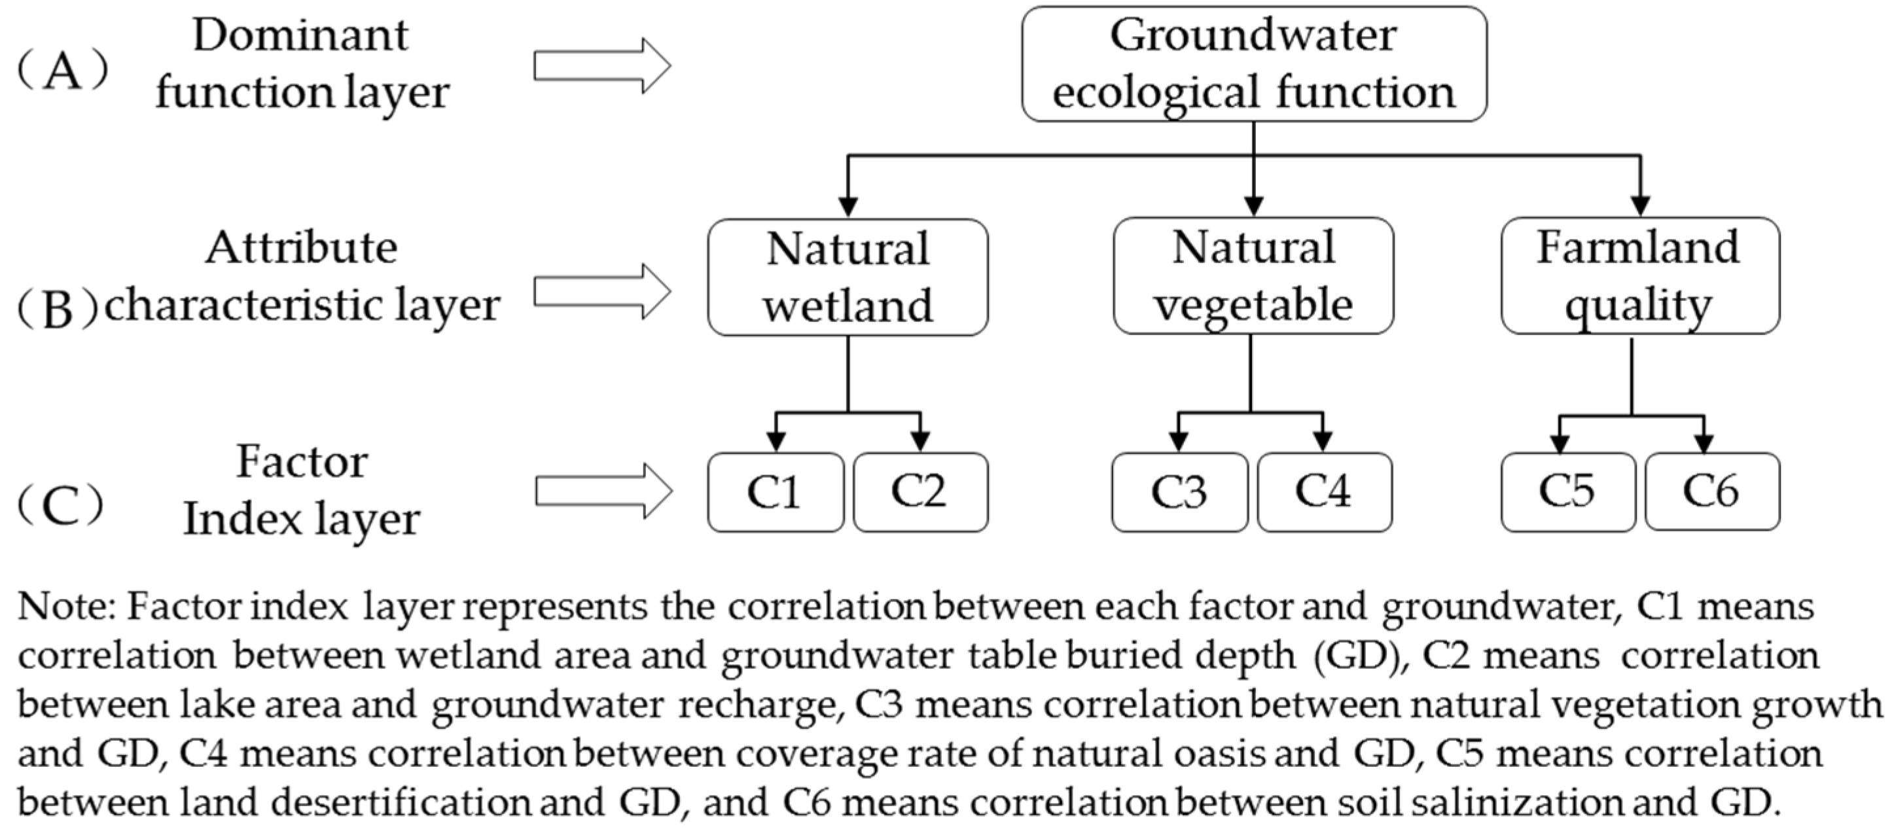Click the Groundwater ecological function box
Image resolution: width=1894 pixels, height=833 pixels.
(x=1253, y=64)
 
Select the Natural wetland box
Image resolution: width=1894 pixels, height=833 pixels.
(x=848, y=277)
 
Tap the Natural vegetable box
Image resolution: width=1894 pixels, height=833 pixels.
(x=1253, y=275)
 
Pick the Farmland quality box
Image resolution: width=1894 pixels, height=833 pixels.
(x=1639, y=275)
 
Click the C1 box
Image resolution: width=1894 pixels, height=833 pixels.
(x=775, y=492)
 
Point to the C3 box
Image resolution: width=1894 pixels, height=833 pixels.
(x=1179, y=492)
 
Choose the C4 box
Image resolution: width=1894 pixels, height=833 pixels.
(x=1323, y=492)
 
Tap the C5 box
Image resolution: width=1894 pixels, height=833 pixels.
(x=1567, y=491)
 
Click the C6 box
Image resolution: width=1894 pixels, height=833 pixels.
(x=1711, y=491)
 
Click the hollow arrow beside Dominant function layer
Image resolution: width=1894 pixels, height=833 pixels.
(x=601, y=66)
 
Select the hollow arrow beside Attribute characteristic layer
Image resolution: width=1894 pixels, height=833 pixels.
(x=601, y=291)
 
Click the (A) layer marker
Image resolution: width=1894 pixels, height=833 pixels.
(x=62, y=71)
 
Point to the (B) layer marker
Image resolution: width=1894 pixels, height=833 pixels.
(x=58, y=310)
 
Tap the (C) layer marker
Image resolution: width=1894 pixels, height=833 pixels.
(x=60, y=506)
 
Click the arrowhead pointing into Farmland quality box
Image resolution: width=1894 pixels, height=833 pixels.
(x=1640, y=206)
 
